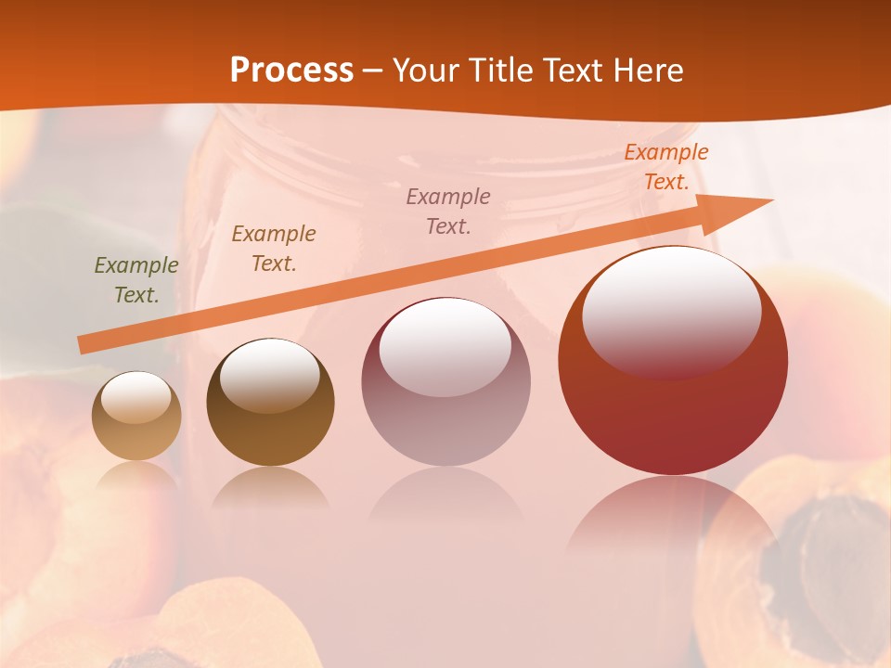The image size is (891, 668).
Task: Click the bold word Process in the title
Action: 291,71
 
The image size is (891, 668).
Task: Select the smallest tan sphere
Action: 136,417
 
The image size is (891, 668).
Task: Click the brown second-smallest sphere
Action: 270,403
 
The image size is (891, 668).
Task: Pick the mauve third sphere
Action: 445,382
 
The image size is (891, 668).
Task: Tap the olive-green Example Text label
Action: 136,279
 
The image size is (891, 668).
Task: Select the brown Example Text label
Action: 273,248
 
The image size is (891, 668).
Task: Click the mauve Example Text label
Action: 448,211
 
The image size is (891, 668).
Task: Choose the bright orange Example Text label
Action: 665,167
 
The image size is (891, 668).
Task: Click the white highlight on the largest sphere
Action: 671,310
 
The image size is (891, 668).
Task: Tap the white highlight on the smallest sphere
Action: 136,398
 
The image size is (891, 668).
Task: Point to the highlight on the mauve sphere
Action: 445,346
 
